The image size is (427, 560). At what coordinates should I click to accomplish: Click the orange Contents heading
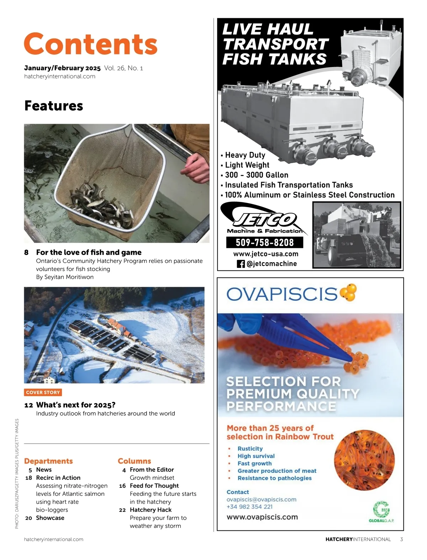90,44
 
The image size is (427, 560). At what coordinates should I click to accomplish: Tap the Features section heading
54,106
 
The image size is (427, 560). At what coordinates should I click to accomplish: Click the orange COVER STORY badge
43,392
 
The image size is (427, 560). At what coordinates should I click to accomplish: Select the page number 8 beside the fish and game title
26,253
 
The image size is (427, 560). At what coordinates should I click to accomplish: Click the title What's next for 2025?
75,405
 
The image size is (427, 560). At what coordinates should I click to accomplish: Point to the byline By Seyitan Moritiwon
65,277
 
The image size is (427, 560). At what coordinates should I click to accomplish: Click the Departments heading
48,461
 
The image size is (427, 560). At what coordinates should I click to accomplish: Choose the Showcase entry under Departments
50,518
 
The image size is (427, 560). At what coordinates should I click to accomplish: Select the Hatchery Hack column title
151,510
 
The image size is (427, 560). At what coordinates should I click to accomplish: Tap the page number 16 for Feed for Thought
122,486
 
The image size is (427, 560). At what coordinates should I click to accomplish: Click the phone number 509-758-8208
265,243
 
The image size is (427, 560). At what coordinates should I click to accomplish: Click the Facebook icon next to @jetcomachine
241,264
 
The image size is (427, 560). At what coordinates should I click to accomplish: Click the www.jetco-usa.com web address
266,254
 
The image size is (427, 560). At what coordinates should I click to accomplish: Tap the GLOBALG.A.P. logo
381,512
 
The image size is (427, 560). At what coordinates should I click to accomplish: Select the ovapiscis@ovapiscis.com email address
261,499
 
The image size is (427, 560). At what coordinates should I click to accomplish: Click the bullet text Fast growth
254,463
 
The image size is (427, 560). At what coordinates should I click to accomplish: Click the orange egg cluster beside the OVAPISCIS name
348,293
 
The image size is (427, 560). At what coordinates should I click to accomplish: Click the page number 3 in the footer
401,539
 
